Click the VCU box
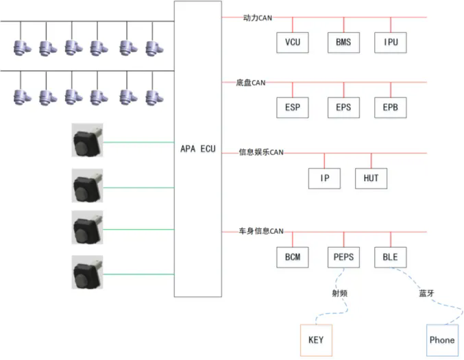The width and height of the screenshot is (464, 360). click(293, 43)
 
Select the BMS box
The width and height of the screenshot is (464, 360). click(343, 43)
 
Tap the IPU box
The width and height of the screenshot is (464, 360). click(391, 43)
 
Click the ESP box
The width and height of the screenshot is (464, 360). click(293, 108)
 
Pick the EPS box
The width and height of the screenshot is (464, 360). click(343, 108)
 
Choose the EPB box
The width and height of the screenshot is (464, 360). click(391, 108)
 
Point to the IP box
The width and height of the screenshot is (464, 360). click(325, 178)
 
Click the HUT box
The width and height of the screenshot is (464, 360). click(371, 178)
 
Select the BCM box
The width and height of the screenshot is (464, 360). click(293, 257)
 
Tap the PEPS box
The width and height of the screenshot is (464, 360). click(343, 257)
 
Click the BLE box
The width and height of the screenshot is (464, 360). click(391, 257)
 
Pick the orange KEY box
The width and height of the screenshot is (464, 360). click(316, 340)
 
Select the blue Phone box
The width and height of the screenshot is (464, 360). click(441, 340)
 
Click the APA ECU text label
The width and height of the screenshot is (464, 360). click(197, 149)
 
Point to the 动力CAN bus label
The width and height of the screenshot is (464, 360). click(258, 17)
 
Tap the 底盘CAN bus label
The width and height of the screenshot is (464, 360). click(250, 82)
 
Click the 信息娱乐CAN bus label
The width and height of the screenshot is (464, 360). click(260, 152)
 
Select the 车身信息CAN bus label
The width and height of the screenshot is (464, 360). click(260, 231)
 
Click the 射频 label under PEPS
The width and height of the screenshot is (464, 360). click(339, 293)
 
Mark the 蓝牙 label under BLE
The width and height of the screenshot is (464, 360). click(426, 293)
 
